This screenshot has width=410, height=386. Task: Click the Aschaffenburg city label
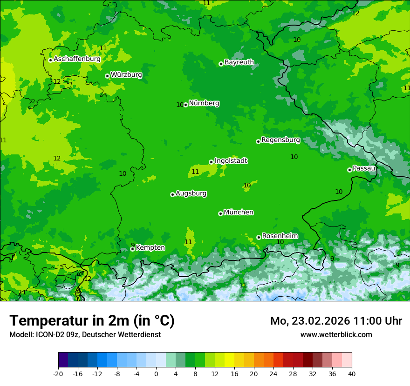[77, 59]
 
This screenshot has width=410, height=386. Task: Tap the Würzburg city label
[126, 75]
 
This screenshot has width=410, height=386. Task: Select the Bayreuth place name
[239, 62]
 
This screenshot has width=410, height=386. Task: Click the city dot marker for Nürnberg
[185, 105]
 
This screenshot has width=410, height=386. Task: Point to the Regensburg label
[280, 140]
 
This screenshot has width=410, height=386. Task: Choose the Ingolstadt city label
[231, 161]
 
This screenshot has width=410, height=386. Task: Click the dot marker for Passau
[349, 170]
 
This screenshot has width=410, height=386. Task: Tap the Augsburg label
[191, 193]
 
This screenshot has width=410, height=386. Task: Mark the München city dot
[220, 213]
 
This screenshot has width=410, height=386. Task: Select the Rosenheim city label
[280, 236]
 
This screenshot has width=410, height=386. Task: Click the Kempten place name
[150, 248]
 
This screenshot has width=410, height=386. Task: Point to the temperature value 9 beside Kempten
[133, 245]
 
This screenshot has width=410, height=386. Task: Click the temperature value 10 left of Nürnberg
[180, 105]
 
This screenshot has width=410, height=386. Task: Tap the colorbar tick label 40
[352, 374]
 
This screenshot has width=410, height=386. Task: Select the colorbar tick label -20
[58, 374]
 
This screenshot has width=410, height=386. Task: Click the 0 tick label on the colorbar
[156, 374]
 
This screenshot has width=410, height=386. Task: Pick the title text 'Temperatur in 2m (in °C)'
[92, 321]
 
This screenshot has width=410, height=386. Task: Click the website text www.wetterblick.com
[336, 334]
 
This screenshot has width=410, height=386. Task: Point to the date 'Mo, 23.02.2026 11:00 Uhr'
[336, 321]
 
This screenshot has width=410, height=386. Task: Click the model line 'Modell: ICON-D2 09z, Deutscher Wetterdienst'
[85, 334]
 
